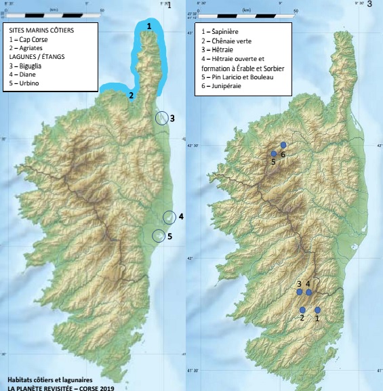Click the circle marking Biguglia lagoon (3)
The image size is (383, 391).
161,118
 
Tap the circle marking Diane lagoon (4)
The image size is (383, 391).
169,218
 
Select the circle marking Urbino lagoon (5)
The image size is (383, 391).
158,236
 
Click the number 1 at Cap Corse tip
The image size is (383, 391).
149,26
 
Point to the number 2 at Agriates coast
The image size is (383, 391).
131,96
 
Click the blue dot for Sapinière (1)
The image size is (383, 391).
317,310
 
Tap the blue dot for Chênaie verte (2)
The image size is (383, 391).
302,310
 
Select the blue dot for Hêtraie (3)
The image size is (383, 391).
299,292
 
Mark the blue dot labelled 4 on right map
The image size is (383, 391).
308,293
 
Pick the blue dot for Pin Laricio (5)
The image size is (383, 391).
274,154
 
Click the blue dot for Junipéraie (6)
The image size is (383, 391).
283,145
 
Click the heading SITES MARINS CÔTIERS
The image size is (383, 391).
47,31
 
